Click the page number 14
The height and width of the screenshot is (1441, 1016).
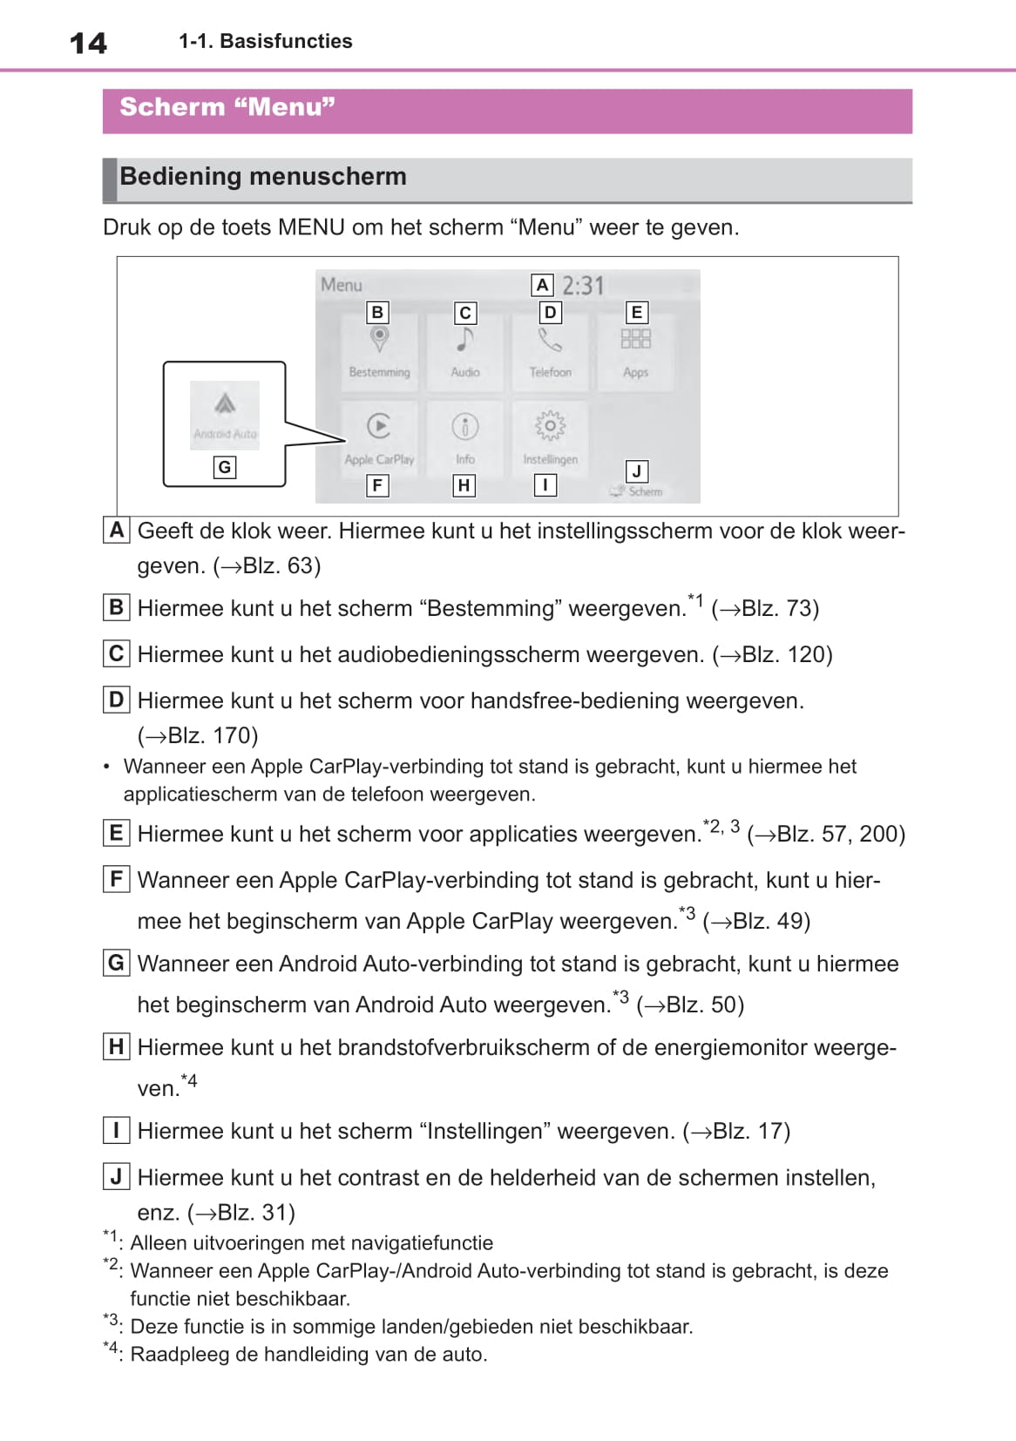88,43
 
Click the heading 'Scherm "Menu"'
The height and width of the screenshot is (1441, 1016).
227,107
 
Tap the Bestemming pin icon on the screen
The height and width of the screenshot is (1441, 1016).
379,339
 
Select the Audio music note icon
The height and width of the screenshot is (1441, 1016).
465,339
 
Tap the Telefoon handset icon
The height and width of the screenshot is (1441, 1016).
550,339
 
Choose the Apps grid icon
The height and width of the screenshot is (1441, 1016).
635,339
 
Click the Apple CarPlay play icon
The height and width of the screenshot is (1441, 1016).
379,426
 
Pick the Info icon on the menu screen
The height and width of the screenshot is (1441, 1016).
465,426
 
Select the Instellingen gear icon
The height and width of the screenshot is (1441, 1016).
550,426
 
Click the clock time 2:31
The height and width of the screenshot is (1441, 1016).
582,286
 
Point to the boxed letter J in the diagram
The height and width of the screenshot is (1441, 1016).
637,471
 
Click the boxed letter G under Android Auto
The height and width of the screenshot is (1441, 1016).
225,468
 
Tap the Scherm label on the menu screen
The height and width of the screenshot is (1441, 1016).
645,491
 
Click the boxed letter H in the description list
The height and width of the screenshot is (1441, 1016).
116,1046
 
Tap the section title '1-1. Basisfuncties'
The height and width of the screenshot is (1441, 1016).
265,41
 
